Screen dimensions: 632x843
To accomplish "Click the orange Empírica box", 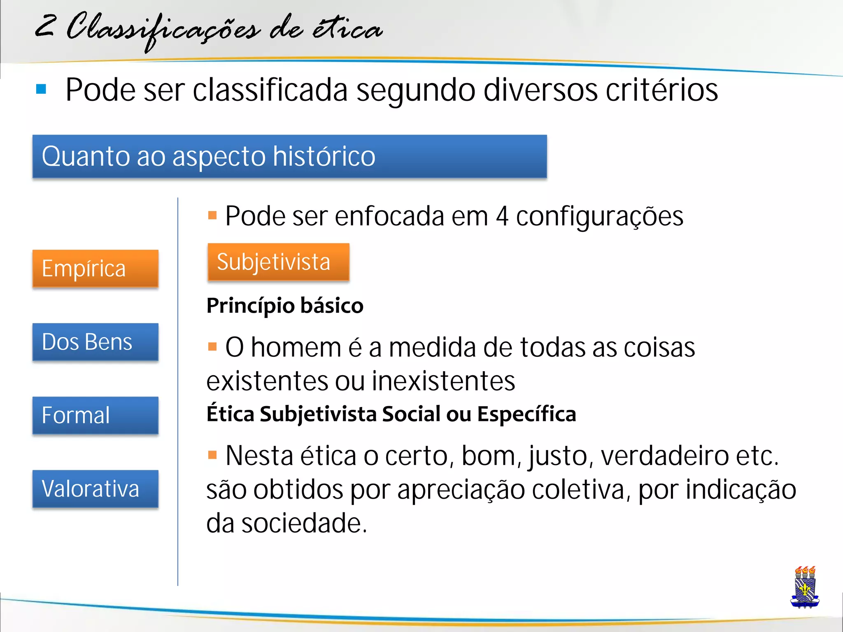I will click(x=95, y=268).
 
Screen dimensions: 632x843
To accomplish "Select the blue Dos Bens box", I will click(x=95, y=342).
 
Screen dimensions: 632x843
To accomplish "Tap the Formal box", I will click(x=95, y=415).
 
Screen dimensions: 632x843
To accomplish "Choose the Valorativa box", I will click(x=95, y=489).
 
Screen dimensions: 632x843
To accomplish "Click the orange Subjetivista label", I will click(x=278, y=262).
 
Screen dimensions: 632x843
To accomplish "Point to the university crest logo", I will click(x=805, y=587).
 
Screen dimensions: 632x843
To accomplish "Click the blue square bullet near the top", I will click(x=41, y=89).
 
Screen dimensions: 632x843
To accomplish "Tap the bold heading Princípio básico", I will click(x=285, y=306).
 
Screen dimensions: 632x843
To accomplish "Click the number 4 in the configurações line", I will click(x=502, y=216).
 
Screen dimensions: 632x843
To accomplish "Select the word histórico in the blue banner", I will click(x=324, y=156).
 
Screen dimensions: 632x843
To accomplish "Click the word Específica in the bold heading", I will click(x=526, y=414).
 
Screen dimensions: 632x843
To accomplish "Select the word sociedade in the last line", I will click(x=304, y=523).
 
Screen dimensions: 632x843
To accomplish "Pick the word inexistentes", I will click(x=443, y=381).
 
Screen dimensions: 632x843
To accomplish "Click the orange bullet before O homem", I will click(x=212, y=347).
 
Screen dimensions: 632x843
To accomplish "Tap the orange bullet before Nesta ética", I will click(x=212, y=455).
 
